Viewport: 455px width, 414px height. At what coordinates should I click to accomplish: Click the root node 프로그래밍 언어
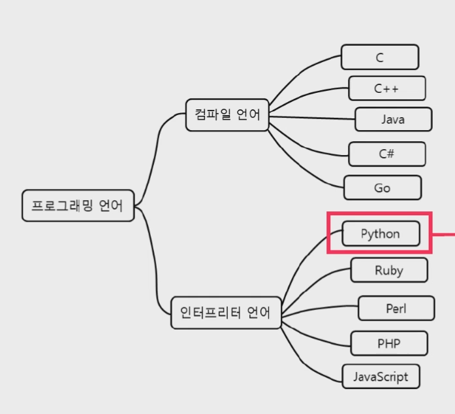(78, 205)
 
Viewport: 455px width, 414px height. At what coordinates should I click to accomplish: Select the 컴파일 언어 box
(227, 115)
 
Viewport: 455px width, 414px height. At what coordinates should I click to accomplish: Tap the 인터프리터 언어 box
(225, 313)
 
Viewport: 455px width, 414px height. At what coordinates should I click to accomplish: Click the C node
(379, 57)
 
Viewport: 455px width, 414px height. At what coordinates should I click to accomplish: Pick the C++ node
(386, 88)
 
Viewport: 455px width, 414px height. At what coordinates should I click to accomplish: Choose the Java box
(393, 120)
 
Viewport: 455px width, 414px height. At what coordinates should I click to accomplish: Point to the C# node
(386, 154)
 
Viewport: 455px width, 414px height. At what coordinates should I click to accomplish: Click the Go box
(383, 188)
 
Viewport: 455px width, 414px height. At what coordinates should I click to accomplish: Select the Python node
(381, 233)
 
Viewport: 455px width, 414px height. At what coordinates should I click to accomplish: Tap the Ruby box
(389, 270)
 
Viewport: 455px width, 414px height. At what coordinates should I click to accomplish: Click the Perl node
(396, 308)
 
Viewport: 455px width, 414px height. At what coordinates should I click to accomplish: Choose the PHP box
(389, 343)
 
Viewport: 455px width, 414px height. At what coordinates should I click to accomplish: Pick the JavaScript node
(381, 377)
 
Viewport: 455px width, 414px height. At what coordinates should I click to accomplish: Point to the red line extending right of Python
(444, 233)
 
